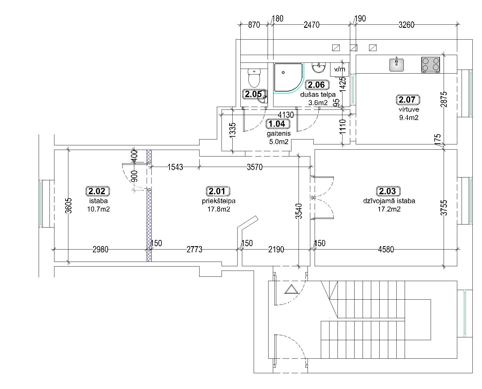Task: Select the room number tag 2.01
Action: [x=217, y=191]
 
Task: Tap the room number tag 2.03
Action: [x=388, y=191]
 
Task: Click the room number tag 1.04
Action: [x=278, y=124]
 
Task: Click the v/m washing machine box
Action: [x=340, y=69]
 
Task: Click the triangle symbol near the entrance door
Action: [x=290, y=290]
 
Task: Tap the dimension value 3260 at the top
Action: [x=406, y=25]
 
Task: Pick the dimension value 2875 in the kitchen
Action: [x=444, y=99]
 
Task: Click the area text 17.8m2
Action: [x=218, y=209]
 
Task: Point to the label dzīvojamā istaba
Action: [x=389, y=201]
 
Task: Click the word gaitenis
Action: [x=279, y=134]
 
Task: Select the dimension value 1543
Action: [x=175, y=167]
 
